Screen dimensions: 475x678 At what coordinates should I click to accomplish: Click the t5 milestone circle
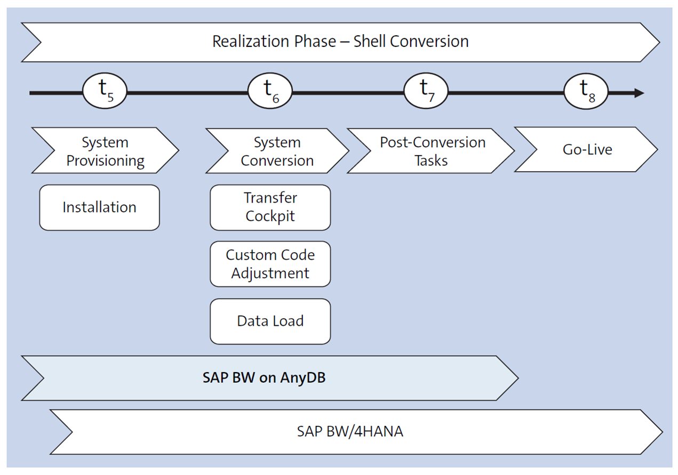105,92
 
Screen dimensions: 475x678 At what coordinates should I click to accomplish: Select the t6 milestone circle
270,92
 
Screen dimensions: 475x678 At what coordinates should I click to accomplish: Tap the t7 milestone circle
426,92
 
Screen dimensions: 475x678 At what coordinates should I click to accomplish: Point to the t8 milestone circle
586,92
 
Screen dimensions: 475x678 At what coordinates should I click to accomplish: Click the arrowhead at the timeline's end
638,93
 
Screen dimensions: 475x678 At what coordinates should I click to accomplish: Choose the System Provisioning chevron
105,151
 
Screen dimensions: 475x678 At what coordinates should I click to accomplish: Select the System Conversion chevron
277,151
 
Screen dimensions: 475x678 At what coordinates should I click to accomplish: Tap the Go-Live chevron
587,150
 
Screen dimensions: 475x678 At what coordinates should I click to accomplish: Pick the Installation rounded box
99,207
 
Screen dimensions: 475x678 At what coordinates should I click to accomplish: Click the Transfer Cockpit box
270,207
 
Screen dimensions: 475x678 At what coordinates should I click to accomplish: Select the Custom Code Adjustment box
270,264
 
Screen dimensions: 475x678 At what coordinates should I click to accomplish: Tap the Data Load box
270,321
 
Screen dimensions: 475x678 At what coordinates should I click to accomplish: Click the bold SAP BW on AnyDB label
264,378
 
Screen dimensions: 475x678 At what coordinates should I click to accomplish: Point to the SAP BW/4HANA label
350,431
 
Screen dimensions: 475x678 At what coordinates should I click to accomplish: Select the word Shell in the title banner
372,42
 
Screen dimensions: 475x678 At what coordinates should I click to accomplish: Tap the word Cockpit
270,216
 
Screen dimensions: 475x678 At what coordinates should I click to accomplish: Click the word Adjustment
270,273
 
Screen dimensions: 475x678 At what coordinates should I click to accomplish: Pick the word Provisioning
105,160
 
